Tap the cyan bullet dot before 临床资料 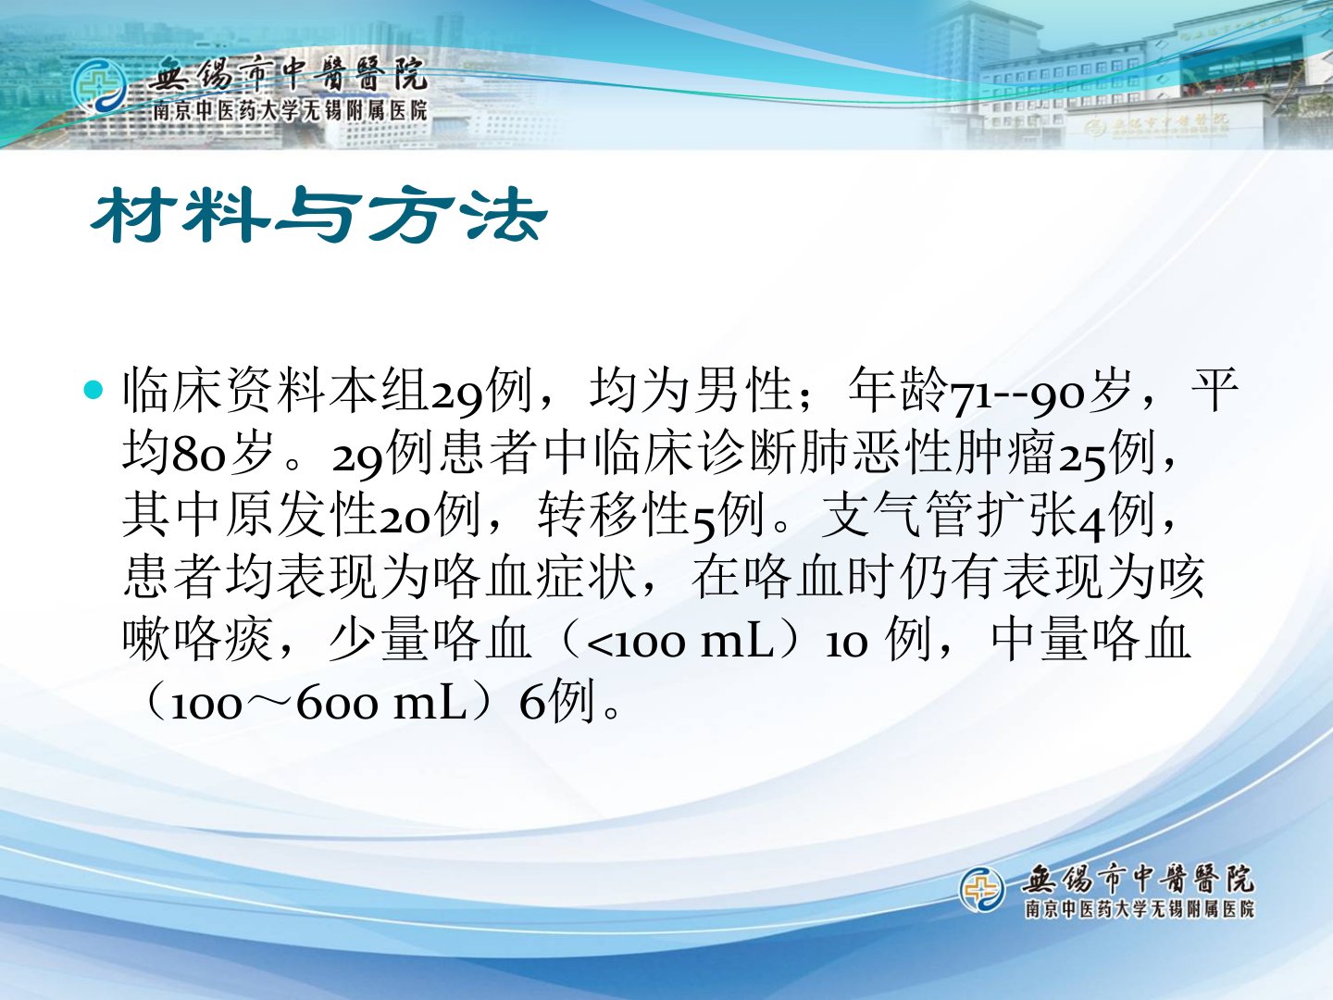point(93,390)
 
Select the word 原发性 point(302,516)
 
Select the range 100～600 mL point(318,705)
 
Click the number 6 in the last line point(532,703)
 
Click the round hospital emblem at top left point(99,87)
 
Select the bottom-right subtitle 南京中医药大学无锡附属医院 point(1140,909)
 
